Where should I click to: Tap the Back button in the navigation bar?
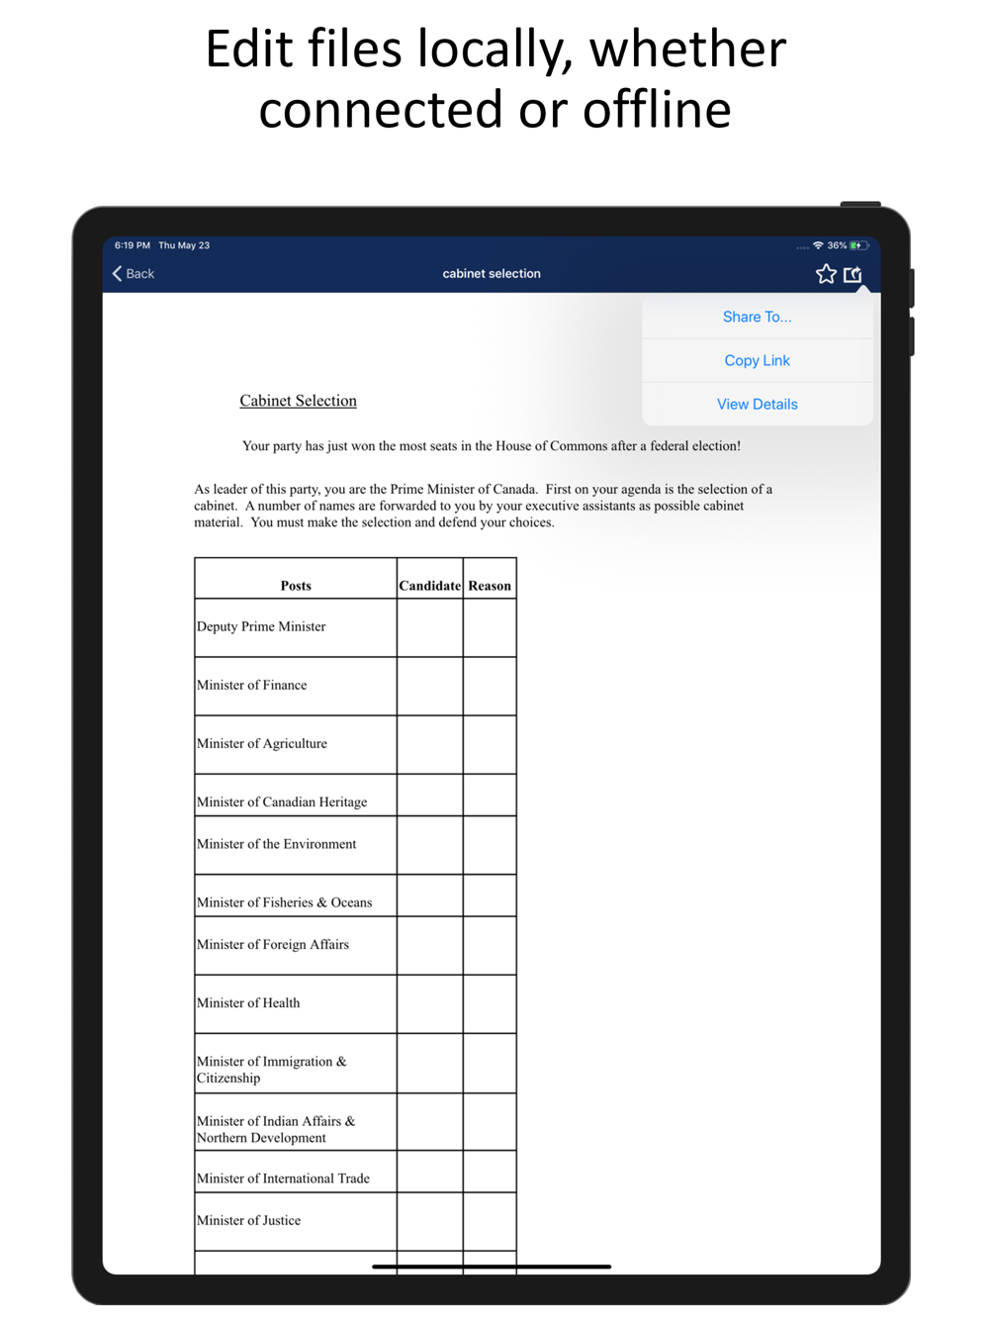click(x=134, y=274)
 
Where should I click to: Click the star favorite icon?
click(x=826, y=274)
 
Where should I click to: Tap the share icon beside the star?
click(x=853, y=274)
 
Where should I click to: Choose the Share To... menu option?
click(x=757, y=317)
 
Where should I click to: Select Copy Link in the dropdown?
click(x=757, y=360)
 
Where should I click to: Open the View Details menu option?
click(x=757, y=404)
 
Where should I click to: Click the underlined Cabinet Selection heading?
click(x=298, y=401)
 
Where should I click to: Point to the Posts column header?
click(x=296, y=586)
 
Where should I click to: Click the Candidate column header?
click(x=429, y=586)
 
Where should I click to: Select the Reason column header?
click(x=490, y=586)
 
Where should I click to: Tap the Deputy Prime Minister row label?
click(x=261, y=626)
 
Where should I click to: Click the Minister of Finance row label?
click(x=252, y=685)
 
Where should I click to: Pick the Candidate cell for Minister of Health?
click(x=429, y=1003)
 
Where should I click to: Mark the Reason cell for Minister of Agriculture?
click(x=490, y=744)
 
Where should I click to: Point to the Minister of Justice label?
click(x=249, y=1220)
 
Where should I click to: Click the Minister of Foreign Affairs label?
click(x=273, y=945)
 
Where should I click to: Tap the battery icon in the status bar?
click(x=858, y=245)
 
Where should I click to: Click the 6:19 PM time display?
click(x=133, y=245)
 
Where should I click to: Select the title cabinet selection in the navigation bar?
click(x=492, y=274)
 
